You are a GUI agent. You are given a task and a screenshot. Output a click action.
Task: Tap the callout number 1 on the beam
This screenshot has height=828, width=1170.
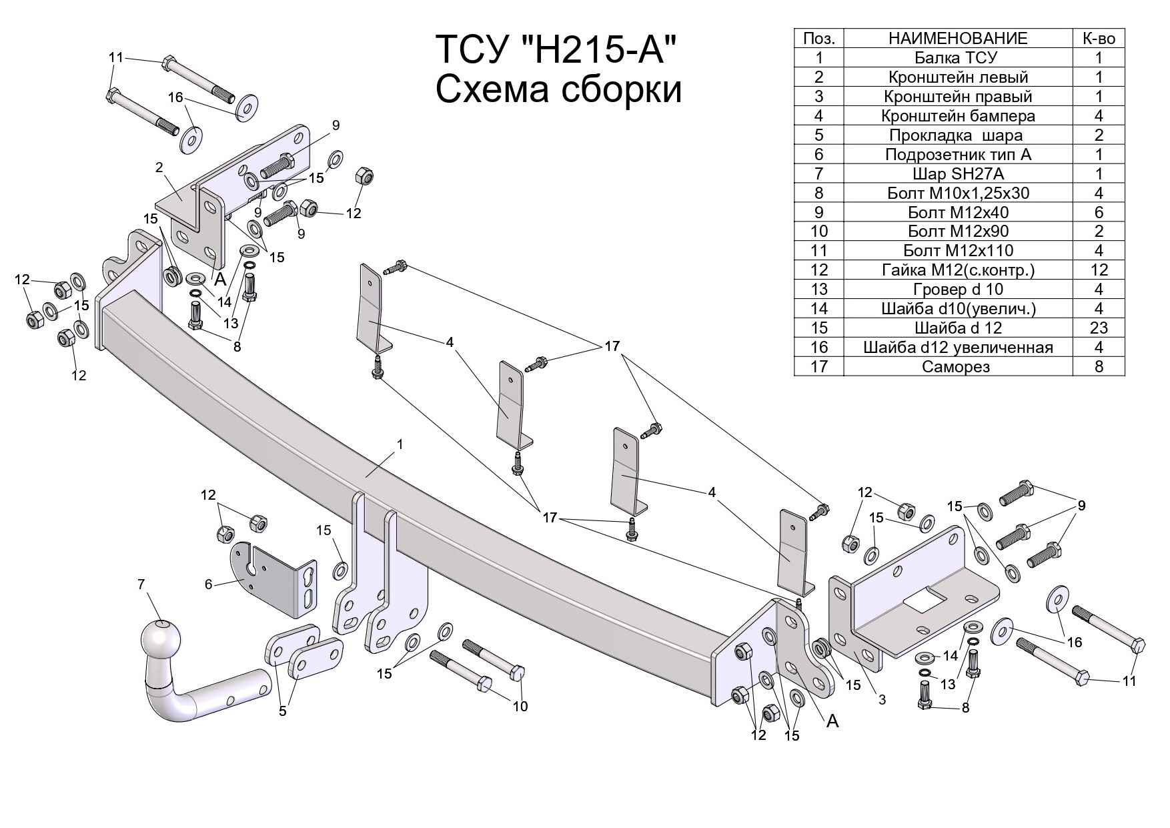pyautogui.click(x=400, y=444)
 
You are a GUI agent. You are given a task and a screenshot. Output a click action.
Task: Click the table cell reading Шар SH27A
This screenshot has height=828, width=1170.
pyautogui.click(x=957, y=174)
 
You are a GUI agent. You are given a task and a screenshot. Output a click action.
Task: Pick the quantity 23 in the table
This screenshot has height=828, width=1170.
pyautogui.click(x=1098, y=328)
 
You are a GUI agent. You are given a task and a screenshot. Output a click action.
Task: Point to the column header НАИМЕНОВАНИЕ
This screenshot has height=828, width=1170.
pyautogui.click(x=957, y=39)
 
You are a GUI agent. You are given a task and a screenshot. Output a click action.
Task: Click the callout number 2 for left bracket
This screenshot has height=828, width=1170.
pyautogui.click(x=159, y=167)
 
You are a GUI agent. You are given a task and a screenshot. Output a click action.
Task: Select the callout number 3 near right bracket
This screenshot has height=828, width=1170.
pyautogui.click(x=882, y=699)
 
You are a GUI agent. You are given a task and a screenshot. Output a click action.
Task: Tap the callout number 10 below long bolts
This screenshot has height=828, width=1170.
pyautogui.click(x=520, y=706)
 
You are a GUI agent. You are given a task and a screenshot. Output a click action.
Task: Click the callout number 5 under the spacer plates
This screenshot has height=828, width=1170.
pyautogui.click(x=283, y=711)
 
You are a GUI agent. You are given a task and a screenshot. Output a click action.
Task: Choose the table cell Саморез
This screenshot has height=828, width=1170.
pyautogui.click(x=957, y=366)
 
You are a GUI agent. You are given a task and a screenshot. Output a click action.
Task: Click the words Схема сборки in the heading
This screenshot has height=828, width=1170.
pyautogui.click(x=558, y=90)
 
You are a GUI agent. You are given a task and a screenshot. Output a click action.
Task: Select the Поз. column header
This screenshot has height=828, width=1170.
pyautogui.click(x=818, y=39)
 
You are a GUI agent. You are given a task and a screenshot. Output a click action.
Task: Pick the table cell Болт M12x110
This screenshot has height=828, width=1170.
pyautogui.click(x=957, y=251)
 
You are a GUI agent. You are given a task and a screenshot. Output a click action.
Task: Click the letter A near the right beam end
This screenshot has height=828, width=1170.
pyautogui.click(x=832, y=721)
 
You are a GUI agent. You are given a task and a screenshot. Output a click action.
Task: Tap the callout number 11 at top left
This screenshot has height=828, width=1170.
pyautogui.click(x=116, y=57)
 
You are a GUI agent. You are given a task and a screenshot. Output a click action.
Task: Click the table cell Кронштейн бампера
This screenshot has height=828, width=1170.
pyautogui.click(x=957, y=116)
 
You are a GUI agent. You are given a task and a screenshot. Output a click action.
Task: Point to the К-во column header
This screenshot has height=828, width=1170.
pyautogui.click(x=1098, y=39)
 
